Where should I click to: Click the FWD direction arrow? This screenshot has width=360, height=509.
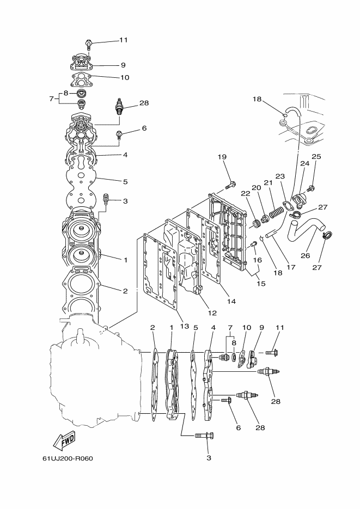click(x=64, y=440)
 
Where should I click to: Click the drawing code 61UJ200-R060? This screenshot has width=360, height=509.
click(x=68, y=458)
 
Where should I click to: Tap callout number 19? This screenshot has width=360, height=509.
click(x=222, y=157)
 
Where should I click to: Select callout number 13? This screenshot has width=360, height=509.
click(x=185, y=326)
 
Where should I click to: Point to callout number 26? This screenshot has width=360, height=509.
click(x=305, y=255)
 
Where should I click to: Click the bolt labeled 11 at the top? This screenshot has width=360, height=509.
click(x=89, y=44)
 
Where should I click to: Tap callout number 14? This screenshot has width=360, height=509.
click(x=231, y=301)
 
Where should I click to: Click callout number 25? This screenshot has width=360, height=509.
click(x=316, y=156)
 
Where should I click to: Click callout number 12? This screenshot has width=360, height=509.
click(x=212, y=313)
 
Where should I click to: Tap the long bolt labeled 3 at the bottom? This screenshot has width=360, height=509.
click(x=204, y=436)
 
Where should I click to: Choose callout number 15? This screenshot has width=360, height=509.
click(x=261, y=284)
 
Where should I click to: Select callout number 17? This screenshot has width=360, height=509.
click(x=291, y=267)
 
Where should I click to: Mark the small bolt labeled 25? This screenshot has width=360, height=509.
click(x=311, y=188)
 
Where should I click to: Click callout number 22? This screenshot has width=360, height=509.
click(x=246, y=193)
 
